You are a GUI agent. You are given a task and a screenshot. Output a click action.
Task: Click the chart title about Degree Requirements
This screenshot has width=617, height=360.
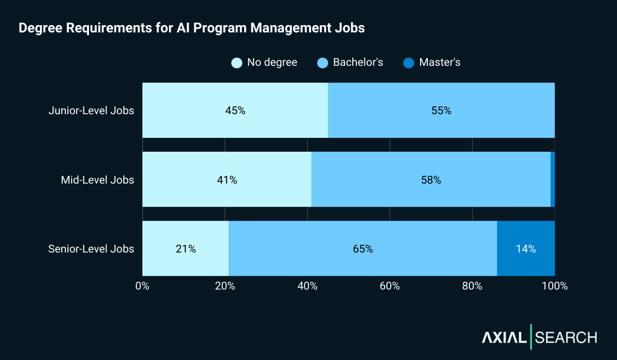point(191,28)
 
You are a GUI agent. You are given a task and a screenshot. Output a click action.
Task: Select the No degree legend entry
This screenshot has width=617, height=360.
point(264,63)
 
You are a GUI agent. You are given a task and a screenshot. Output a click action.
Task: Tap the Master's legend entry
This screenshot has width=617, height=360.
point(432,63)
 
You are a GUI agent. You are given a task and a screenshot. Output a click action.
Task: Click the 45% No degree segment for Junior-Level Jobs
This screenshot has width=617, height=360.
point(235,111)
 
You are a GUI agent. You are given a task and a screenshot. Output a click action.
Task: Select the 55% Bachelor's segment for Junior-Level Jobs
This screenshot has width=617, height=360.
point(441,111)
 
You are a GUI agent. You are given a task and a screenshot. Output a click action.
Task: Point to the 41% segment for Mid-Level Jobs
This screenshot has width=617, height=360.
point(227,180)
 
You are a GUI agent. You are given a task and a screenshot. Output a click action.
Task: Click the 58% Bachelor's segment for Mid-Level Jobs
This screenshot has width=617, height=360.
point(431,180)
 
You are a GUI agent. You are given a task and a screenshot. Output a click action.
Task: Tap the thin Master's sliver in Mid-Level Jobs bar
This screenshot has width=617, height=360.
point(553,180)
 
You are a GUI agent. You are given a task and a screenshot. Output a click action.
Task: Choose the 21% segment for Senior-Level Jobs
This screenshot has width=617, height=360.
point(186,249)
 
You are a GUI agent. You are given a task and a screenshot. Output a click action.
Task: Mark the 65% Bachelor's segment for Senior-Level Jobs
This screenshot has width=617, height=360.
point(363,249)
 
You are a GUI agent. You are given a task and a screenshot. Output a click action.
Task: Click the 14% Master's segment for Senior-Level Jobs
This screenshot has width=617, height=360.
point(526,249)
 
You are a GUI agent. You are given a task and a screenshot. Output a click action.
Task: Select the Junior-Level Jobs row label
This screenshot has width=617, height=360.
point(91,111)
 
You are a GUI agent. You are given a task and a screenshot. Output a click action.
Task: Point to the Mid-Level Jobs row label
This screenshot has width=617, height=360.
point(97,180)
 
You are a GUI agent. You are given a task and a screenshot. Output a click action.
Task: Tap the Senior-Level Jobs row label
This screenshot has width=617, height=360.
point(91,249)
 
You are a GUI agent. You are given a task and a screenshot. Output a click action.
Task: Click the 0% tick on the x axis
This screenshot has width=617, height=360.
point(142,286)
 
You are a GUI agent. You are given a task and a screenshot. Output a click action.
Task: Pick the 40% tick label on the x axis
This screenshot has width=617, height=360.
point(307,286)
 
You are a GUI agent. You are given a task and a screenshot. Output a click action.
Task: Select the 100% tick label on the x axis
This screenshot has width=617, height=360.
point(554,286)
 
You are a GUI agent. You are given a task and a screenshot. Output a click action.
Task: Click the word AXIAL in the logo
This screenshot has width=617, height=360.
point(504,337)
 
